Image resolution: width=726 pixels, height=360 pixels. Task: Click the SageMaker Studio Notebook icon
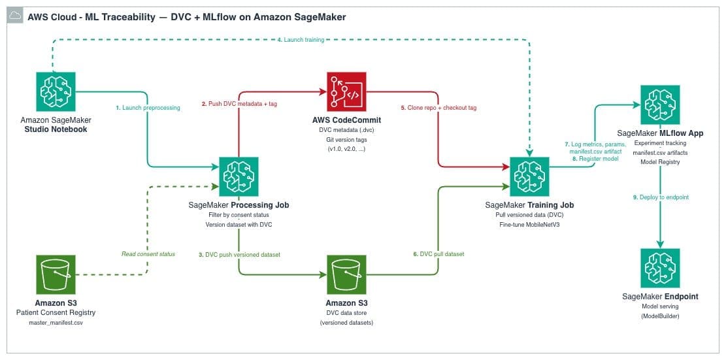point(56,92)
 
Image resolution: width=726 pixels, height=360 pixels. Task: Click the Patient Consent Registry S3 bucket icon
point(56,276)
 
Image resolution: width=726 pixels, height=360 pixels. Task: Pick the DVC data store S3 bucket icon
point(346,276)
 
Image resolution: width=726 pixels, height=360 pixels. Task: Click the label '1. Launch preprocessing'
point(148,107)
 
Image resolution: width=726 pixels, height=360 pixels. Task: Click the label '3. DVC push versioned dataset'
point(240,254)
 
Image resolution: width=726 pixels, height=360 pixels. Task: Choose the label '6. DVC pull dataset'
point(441,254)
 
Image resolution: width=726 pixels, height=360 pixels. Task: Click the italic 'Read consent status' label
point(148,254)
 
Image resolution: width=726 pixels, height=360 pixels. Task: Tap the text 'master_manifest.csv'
point(56,322)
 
